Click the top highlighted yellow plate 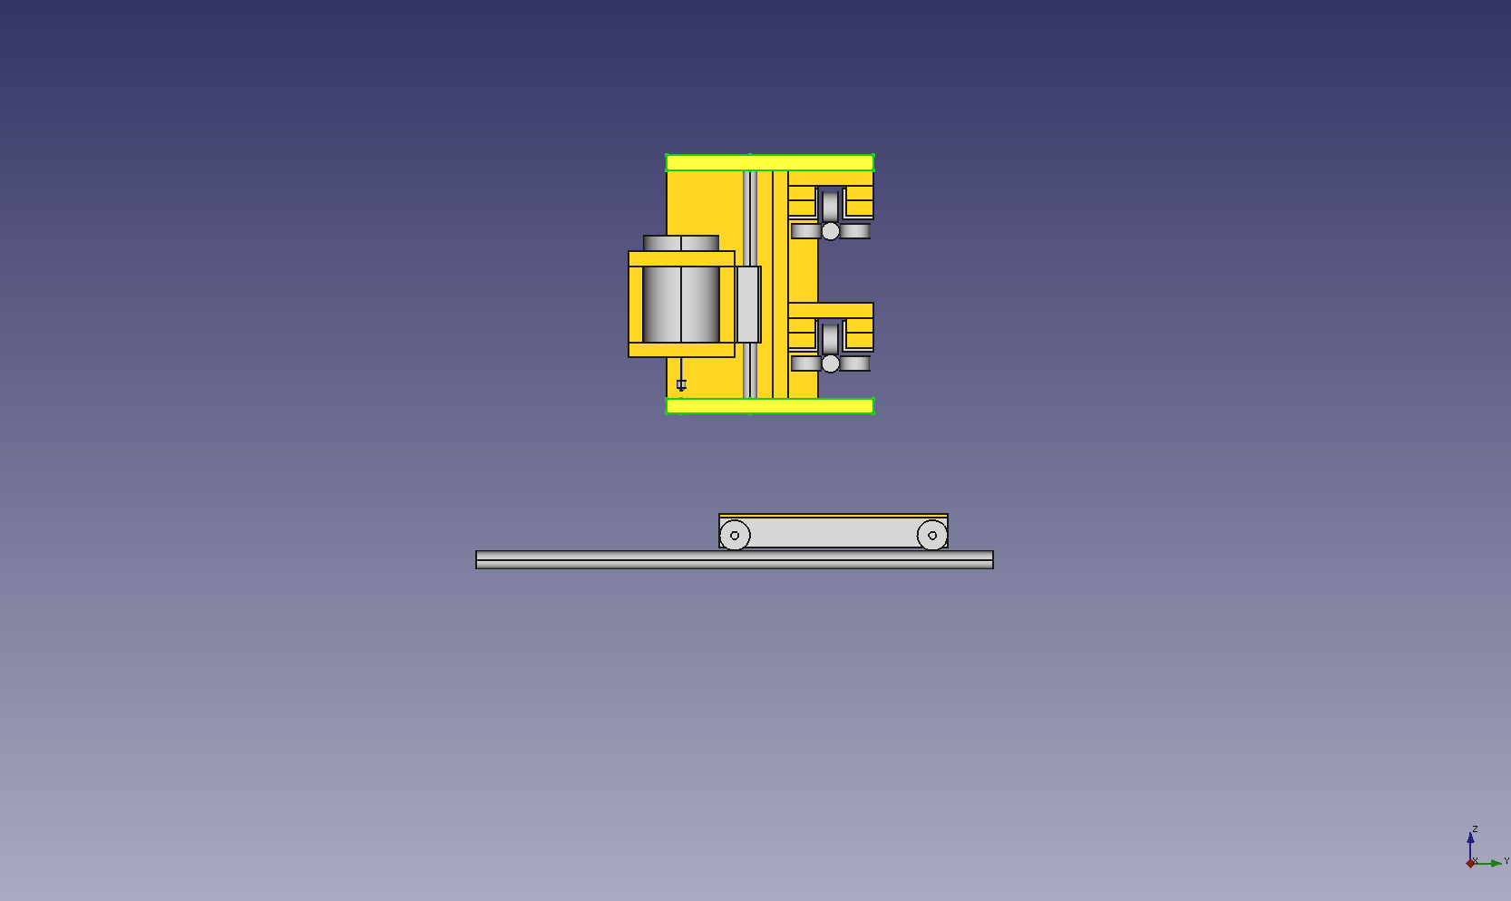[770, 162]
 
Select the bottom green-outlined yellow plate [770, 405]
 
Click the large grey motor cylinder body [680, 305]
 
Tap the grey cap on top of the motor [680, 243]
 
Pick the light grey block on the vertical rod [748, 305]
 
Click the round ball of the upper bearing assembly [831, 231]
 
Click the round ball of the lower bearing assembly [831, 363]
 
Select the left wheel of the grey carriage [735, 536]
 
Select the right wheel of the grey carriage [932, 536]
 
